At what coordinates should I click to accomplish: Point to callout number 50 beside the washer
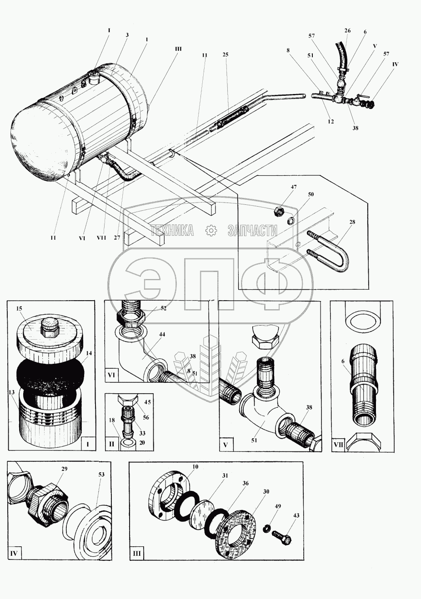point(298,194)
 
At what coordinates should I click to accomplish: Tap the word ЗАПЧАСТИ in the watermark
point(252,231)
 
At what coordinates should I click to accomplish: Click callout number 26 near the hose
point(347,31)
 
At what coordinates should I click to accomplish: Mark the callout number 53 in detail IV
point(101,475)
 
